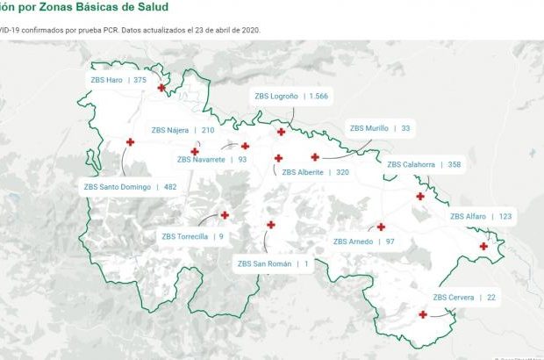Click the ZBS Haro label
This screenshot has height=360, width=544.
point(118,79)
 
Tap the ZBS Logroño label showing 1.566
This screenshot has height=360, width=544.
point(290,96)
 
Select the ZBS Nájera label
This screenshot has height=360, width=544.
point(183,130)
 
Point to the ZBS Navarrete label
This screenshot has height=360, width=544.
point(211,160)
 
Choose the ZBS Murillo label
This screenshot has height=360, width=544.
point(379,128)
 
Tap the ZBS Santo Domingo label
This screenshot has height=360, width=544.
point(130,186)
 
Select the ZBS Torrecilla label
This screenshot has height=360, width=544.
point(192,236)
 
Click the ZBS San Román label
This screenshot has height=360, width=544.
point(274,263)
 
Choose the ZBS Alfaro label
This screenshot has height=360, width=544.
point(481,216)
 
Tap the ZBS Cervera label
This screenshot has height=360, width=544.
point(464,298)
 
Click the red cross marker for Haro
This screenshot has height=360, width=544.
point(161,87)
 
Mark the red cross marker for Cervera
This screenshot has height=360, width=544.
point(423,314)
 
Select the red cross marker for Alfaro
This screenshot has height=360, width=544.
point(483,246)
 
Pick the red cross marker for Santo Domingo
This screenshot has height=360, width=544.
point(130,142)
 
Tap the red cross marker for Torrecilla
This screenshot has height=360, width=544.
point(225,214)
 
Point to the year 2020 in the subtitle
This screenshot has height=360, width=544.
point(248,29)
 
